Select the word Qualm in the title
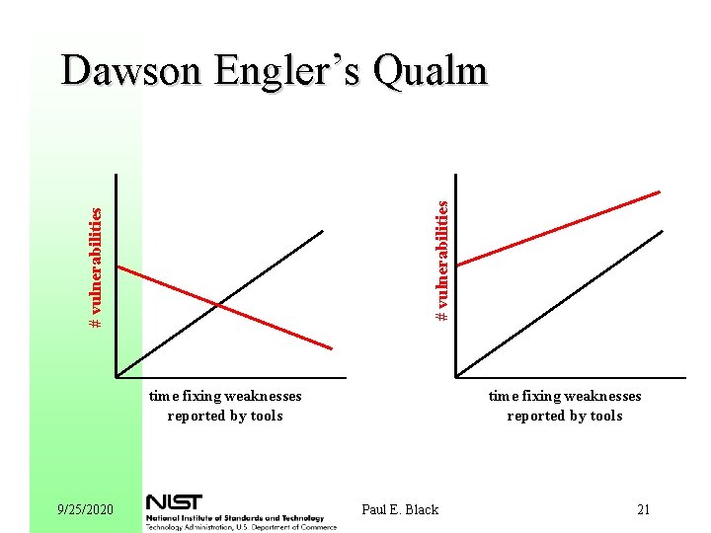point(432,71)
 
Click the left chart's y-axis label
point(96,266)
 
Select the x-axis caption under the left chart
point(225,406)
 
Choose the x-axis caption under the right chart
point(565,406)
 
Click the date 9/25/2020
point(86,509)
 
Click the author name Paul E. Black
point(400,509)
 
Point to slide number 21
point(644,509)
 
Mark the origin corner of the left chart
point(117,376)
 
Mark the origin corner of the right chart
point(456,376)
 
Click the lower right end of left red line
point(331,347)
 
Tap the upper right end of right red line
point(659,191)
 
